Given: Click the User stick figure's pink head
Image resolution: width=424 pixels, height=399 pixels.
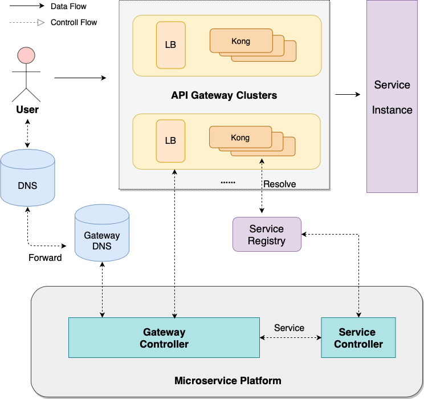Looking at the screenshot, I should click(26, 55).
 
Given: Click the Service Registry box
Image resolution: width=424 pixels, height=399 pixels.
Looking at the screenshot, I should click(266, 235).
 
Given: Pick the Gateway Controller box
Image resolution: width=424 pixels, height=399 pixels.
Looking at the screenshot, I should click(164, 338).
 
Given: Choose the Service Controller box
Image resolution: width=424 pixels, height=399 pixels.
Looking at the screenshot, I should click(358, 338).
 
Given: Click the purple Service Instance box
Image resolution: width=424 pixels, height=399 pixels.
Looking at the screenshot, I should click(392, 96).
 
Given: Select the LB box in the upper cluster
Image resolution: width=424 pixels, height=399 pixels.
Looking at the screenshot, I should click(170, 45).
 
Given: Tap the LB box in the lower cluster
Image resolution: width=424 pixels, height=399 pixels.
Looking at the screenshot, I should click(170, 140).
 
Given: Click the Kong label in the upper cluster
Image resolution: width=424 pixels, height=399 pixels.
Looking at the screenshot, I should click(240, 41).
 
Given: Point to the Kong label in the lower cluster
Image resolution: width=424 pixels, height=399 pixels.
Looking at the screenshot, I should click(240, 138).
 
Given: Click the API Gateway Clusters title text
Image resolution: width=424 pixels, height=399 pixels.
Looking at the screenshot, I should click(224, 95).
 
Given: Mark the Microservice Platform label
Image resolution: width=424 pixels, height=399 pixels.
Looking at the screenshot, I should click(227, 381).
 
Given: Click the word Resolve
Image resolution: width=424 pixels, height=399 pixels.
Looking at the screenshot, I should click(279, 184).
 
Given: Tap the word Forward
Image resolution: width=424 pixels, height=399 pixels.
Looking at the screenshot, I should click(45, 257).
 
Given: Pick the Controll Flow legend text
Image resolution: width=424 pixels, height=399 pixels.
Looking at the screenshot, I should click(74, 23).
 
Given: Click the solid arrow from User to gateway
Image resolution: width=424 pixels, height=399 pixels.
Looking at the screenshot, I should click(80, 78).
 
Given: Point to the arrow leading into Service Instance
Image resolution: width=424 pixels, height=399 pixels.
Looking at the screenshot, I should click(348, 94).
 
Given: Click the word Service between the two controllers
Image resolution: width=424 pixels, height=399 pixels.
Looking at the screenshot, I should click(289, 328).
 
